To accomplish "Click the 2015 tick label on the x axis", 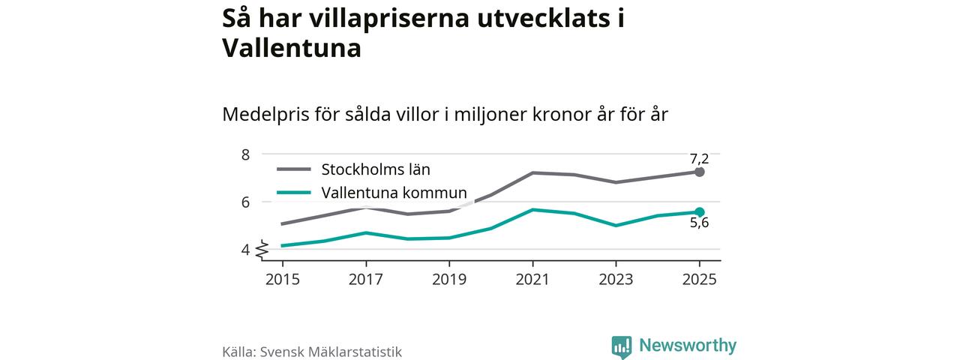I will (283, 279).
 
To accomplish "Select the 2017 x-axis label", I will (366, 279).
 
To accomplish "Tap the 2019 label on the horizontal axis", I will (449, 279).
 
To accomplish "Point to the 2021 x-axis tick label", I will (532, 279).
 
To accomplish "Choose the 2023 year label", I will (616, 279).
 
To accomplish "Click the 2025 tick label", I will (699, 279).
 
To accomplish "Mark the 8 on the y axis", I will (245, 154).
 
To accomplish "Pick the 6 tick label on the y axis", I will (245, 202).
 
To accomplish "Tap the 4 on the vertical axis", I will (245, 249).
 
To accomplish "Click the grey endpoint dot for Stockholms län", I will (700, 172).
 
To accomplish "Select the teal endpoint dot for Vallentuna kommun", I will (700, 212).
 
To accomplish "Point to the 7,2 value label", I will (699, 158).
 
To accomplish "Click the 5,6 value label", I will (699, 223).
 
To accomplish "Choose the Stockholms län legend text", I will (376, 169).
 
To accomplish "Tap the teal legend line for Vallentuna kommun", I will (293, 193).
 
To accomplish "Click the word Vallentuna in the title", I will (292, 49).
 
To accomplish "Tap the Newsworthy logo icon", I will (621, 346).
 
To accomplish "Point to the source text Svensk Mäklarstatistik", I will (331, 352).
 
